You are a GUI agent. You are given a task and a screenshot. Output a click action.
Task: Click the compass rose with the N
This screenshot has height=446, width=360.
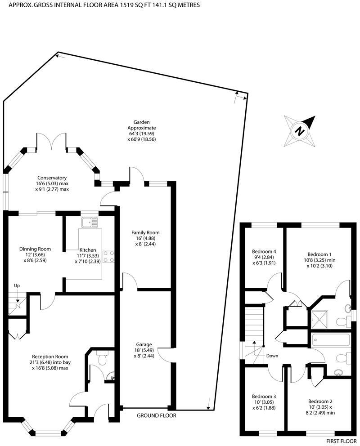(x=299, y=131)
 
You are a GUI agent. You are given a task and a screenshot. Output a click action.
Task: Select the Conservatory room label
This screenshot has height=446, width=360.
(x=52, y=183)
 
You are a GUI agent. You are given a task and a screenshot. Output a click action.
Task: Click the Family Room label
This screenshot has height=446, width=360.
(x=145, y=238)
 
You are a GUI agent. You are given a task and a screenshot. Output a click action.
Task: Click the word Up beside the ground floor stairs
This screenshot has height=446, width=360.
(x=17, y=285)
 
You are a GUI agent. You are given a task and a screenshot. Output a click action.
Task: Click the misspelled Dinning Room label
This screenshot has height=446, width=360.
(x=35, y=254)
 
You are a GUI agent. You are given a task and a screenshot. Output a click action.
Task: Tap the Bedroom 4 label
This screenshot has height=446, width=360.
(x=264, y=257)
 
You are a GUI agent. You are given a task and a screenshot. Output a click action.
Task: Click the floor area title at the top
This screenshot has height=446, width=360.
(x=97, y=4)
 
